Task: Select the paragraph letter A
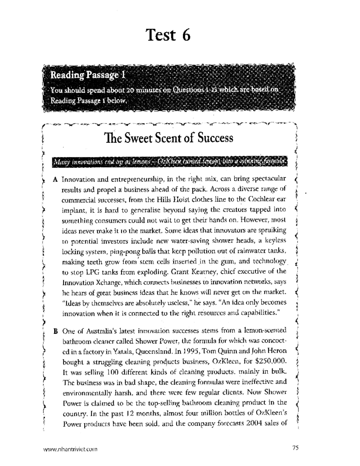tap(55, 179)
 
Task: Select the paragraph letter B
tap(55, 332)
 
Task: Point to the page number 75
tap(295, 448)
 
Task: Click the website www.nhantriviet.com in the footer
tap(70, 449)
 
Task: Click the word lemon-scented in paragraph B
tap(266, 331)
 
